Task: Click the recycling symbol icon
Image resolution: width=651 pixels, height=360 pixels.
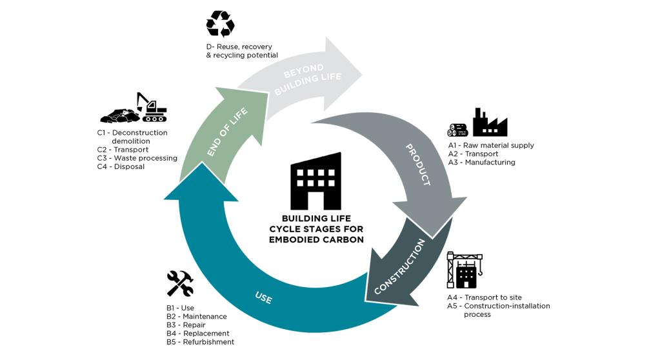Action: pyautogui.click(x=219, y=25)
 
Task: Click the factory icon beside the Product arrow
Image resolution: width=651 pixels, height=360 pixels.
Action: pyautogui.click(x=489, y=123)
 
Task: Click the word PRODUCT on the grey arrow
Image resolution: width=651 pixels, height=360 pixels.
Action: pyautogui.click(x=417, y=165)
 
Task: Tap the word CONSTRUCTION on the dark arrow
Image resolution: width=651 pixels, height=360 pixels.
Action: pyautogui.click(x=399, y=266)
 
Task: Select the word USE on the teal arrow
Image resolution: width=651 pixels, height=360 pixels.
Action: pyautogui.click(x=263, y=298)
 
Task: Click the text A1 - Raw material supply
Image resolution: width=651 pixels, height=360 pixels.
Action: pyautogui.click(x=491, y=146)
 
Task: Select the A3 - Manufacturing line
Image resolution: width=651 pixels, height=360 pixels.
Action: pyautogui.click(x=481, y=163)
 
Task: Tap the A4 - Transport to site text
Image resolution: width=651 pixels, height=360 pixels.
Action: pyautogui.click(x=485, y=297)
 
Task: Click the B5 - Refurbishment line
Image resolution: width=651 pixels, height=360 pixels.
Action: pyautogui.click(x=200, y=342)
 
